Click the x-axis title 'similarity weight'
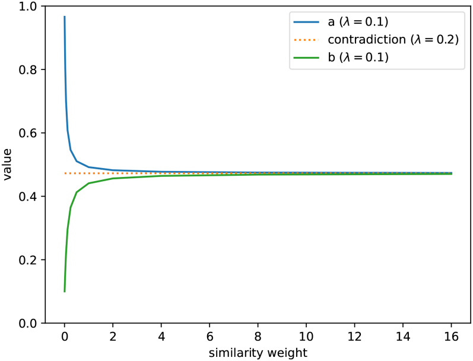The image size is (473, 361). pyautogui.click(x=258, y=353)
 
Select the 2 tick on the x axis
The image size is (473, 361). pyautogui.click(x=113, y=336)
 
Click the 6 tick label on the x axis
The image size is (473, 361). pyautogui.click(x=209, y=336)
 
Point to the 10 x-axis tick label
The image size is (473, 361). pyautogui.click(x=306, y=336)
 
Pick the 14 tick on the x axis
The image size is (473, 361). pyautogui.click(x=403, y=336)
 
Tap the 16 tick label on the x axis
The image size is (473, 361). pyautogui.click(x=452, y=336)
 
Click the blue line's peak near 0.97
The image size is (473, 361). pyautogui.click(x=64, y=17)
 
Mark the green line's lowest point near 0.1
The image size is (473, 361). pyautogui.click(x=64, y=292)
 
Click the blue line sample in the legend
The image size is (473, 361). pyautogui.click(x=307, y=23)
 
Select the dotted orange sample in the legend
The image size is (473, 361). pyautogui.click(x=307, y=40)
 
